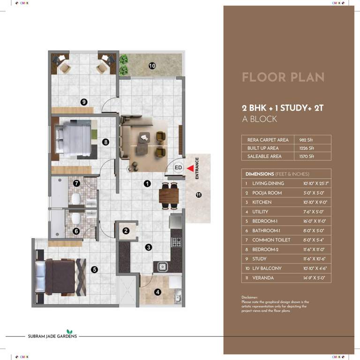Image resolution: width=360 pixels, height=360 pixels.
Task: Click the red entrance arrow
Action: tap(189, 168)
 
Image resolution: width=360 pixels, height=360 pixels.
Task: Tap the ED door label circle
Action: tap(178, 167)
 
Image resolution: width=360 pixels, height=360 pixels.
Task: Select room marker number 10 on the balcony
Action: tap(152, 66)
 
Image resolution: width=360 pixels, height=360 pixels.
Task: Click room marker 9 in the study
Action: tap(84, 102)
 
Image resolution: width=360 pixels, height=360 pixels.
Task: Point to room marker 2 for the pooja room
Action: tap(126, 231)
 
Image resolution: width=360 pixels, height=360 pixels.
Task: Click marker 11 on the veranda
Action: tap(198, 195)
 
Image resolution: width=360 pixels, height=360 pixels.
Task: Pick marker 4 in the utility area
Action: tap(157, 292)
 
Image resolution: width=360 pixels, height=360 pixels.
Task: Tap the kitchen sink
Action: tap(162, 267)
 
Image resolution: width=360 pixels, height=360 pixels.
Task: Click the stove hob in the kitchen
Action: tap(177, 242)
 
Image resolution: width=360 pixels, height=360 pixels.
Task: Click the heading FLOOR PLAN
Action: tap(283, 77)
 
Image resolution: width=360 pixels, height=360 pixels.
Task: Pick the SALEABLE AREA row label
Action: tap(264, 156)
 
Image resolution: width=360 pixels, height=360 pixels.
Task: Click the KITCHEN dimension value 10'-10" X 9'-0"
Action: tap(315, 202)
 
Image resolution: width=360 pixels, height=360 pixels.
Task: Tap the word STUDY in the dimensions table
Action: tap(259, 259)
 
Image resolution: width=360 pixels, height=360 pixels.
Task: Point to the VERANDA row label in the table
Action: tap(262, 278)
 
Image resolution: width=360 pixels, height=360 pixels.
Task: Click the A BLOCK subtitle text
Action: tap(259, 119)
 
